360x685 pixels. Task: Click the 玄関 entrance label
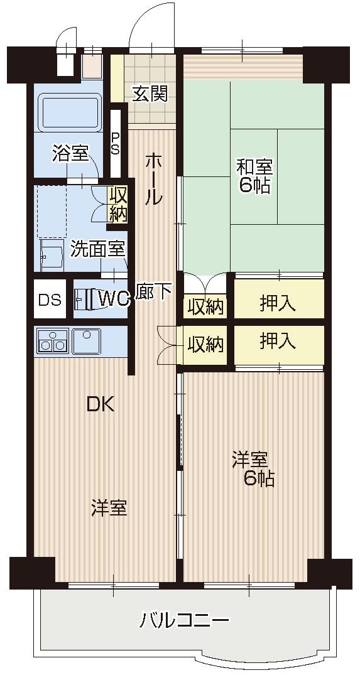click(150, 94)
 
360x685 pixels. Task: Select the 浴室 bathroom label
click(70, 154)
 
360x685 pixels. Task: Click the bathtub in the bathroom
click(70, 112)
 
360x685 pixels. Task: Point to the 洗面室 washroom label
click(97, 249)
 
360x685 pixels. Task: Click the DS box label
click(50, 299)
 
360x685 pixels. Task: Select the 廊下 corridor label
click(153, 292)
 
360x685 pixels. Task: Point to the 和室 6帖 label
click(254, 176)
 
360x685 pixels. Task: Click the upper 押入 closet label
click(278, 304)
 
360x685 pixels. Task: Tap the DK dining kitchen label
click(101, 404)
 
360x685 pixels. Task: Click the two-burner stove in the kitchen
click(52, 342)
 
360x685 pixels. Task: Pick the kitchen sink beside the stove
click(86, 341)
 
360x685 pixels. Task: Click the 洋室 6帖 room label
click(254, 468)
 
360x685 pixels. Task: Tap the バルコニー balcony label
click(184, 622)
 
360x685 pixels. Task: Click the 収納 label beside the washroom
click(119, 205)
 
